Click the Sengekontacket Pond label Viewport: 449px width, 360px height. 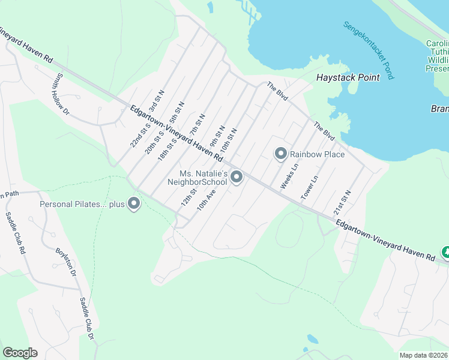369,50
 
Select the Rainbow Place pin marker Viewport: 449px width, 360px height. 280,154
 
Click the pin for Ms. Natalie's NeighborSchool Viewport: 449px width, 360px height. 237,176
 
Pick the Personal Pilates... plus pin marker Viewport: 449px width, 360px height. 134,204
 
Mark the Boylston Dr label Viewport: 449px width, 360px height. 65,263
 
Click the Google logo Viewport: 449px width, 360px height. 20,353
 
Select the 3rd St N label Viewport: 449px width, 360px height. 157,101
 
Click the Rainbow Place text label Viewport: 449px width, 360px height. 318,154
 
